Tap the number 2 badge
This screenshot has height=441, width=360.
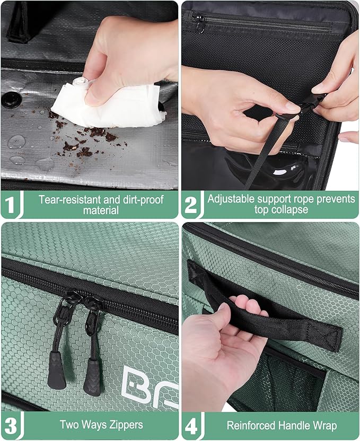pyautogui.click(x=191, y=205)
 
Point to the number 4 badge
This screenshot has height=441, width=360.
pyautogui.click(x=191, y=425)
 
